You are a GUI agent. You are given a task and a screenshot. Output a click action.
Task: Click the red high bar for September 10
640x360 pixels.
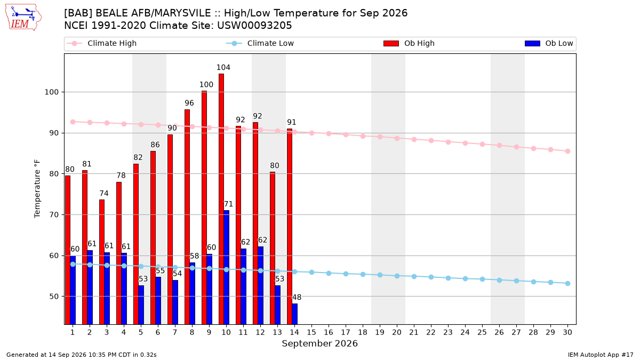[x=221, y=199]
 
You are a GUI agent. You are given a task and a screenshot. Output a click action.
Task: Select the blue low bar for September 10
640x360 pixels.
[x=227, y=267]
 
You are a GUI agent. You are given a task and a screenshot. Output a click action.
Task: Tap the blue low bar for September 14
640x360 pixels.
[x=295, y=314]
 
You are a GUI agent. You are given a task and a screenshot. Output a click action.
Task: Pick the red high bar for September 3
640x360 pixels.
[x=102, y=262]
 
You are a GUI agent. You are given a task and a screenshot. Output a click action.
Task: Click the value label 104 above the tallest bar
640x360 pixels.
[x=223, y=67]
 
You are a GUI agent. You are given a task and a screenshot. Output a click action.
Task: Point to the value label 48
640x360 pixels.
[x=297, y=297]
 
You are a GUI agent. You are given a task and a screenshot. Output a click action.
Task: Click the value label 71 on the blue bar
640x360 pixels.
[x=228, y=204]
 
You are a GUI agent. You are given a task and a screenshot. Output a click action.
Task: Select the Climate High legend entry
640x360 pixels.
[x=101, y=43]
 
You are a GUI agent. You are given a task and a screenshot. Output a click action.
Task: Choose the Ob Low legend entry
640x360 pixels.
[x=549, y=43]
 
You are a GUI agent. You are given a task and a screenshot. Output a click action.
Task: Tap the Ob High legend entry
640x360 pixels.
[x=409, y=43]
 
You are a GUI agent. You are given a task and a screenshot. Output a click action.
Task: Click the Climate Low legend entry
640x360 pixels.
[x=260, y=43]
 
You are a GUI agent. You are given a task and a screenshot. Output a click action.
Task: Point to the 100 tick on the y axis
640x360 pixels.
[x=51, y=92]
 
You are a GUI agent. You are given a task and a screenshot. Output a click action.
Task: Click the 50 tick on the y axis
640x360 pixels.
[x=54, y=297]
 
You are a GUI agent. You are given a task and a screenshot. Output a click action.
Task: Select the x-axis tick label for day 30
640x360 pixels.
[x=567, y=332]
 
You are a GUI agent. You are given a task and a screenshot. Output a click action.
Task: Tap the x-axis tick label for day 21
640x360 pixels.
[x=414, y=332]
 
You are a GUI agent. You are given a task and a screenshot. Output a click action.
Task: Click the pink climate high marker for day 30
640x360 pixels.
[x=567, y=151]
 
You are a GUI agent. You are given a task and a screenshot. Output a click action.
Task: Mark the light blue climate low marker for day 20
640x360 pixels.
[x=397, y=276]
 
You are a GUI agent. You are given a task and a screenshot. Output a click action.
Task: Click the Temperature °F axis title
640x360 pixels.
[x=37, y=189]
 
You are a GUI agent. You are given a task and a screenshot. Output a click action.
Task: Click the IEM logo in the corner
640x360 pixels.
[x=23, y=18]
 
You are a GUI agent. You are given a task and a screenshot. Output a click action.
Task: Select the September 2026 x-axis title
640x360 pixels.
[x=319, y=343]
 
